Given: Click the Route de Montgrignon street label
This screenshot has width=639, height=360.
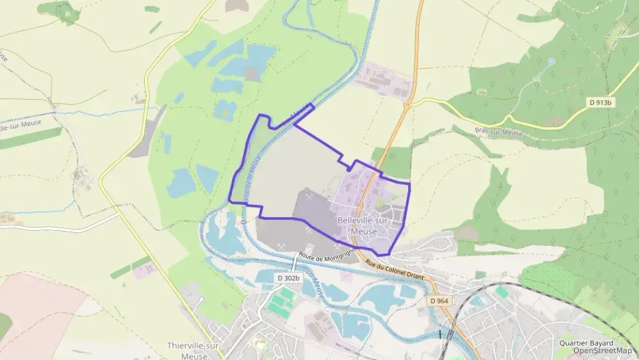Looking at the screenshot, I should pyautogui.click(x=325, y=259).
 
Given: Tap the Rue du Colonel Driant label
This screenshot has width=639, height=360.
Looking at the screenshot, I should pyautogui.click(x=403, y=268).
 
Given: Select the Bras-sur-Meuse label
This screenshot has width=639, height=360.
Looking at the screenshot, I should pyautogui.click(x=498, y=132).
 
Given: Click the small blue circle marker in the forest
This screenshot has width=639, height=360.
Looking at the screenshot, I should pyautogui.click(x=552, y=61).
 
